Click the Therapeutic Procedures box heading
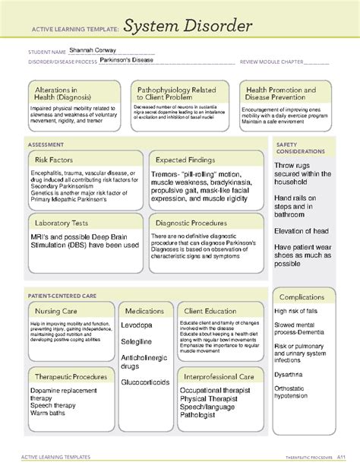pos(69,376)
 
